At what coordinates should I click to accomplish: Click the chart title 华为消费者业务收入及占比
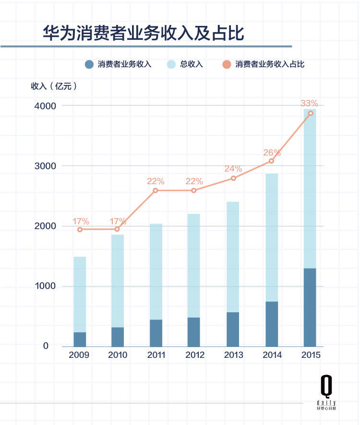pyautogui.click(x=143, y=34)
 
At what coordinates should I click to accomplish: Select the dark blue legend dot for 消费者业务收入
pyautogui.click(x=88, y=64)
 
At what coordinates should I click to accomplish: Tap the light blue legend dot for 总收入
pyautogui.click(x=171, y=64)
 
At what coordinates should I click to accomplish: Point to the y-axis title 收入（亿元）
pyautogui.click(x=54, y=86)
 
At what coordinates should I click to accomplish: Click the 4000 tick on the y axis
pyautogui.click(x=45, y=106)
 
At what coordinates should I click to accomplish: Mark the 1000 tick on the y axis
pyautogui.click(x=45, y=286)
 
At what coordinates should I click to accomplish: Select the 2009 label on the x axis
pyautogui.click(x=80, y=355)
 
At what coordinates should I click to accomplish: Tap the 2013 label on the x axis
pyautogui.click(x=233, y=355)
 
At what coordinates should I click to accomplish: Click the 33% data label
pyautogui.click(x=309, y=103)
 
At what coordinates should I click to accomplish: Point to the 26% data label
pyautogui.click(x=271, y=153)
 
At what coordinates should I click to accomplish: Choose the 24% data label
pyautogui.click(x=233, y=169)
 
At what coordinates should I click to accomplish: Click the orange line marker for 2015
pyautogui.click(x=311, y=113)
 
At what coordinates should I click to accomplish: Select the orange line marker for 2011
pyautogui.click(x=156, y=190)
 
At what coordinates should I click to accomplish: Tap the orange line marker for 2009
pyautogui.click(x=80, y=229)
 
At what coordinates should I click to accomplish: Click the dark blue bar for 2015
pyautogui.click(x=310, y=307)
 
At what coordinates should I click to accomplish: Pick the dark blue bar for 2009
pyautogui.click(x=80, y=339)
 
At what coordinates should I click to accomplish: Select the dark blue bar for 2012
pyautogui.click(x=193, y=331)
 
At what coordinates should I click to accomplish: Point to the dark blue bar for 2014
pyautogui.click(x=271, y=324)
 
